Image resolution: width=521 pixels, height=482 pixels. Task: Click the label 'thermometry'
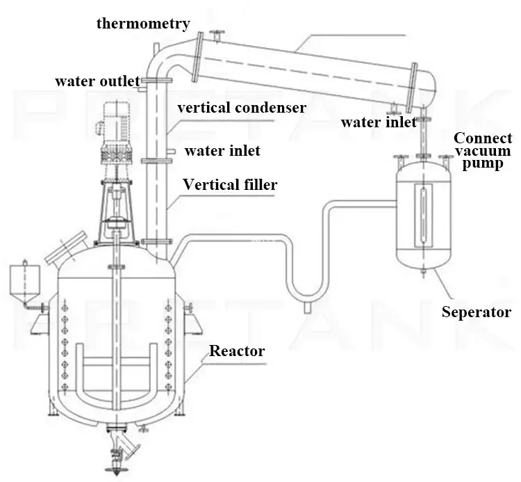[143, 24]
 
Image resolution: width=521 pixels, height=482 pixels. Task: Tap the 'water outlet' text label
[97, 80]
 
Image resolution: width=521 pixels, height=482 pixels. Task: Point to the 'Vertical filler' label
[230, 185]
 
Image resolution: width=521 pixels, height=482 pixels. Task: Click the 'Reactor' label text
[237, 351]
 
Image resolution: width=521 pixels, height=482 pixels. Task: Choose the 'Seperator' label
[477, 312]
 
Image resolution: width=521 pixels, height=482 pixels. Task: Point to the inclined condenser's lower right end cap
[427, 86]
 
